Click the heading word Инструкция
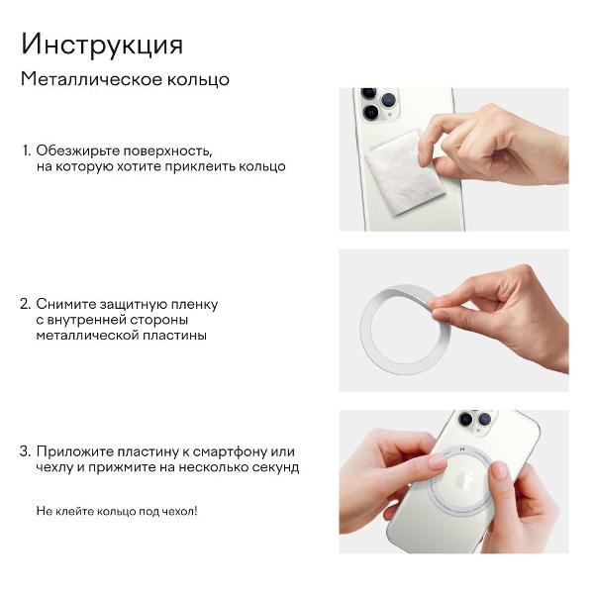pos(101,46)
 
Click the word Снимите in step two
pos(64,304)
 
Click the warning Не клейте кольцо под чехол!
pos(117,511)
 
